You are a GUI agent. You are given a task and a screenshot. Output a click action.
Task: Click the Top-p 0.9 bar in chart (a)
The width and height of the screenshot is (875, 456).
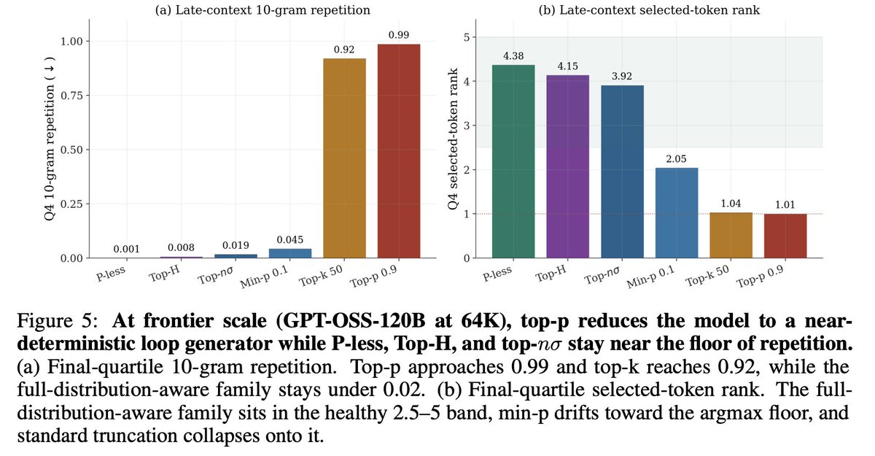tap(399, 151)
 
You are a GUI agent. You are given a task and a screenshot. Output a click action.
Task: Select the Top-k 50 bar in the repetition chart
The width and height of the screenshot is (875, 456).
tap(344, 158)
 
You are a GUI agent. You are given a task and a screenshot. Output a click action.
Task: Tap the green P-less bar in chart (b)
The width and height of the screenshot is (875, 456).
tap(513, 161)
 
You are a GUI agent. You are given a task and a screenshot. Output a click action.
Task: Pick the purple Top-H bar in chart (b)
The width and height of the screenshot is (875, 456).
tap(567, 166)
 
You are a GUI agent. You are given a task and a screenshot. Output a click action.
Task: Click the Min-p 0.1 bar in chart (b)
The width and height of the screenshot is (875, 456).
tap(677, 213)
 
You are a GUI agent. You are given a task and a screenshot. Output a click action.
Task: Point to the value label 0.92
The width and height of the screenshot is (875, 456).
tap(344, 50)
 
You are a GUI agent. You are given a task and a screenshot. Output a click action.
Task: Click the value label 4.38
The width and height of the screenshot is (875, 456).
tap(513, 56)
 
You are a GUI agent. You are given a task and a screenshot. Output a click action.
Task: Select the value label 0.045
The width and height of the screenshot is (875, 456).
tap(290, 239)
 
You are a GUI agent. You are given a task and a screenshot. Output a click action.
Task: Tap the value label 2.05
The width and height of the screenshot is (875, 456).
tap(676, 159)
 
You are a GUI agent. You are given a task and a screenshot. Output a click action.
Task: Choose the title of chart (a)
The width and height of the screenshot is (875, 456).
tap(262, 9)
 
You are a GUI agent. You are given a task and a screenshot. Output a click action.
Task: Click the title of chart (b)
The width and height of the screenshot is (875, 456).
tap(649, 9)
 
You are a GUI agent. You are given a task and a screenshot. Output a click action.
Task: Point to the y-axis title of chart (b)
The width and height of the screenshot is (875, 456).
tap(453, 139)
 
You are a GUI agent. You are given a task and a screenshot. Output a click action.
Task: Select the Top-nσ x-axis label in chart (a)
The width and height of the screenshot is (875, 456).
tap(216, 276)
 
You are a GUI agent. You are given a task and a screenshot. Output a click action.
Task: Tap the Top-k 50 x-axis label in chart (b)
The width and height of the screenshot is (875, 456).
tap(707, 277)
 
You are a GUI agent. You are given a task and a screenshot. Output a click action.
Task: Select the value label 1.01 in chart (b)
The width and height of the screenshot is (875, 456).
tap(785, 205)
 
